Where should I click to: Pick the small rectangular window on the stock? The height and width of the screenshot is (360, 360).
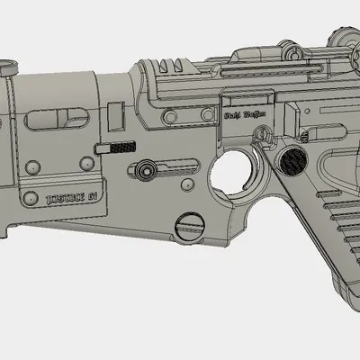tap(114, 116)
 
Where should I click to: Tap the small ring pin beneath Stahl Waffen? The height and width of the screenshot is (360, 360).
tap(262, 135)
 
